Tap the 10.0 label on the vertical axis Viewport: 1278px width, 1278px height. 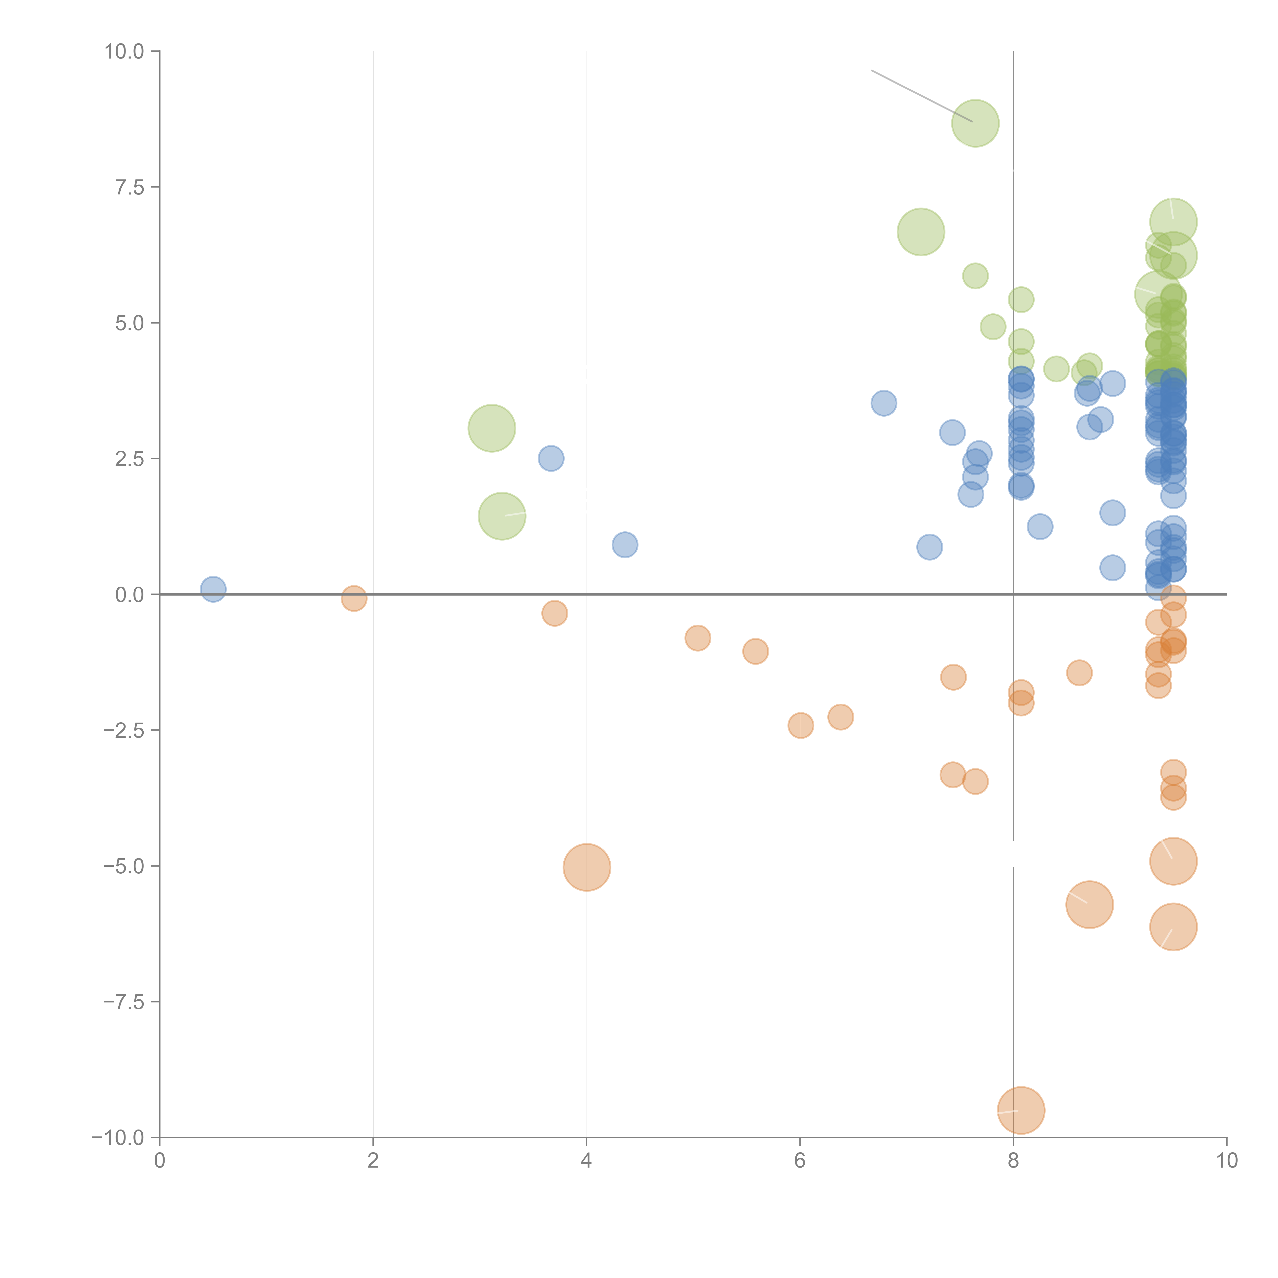[x=124, y=52]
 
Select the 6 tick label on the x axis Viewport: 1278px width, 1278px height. [x=800, y=1161]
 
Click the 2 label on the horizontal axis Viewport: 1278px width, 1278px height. [x=373, y=1161]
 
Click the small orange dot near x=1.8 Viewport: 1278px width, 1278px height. [x=354, y=599]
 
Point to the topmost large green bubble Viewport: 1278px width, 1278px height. [x=975, y=123]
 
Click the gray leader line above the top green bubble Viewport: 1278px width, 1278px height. [x=919, y=95]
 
